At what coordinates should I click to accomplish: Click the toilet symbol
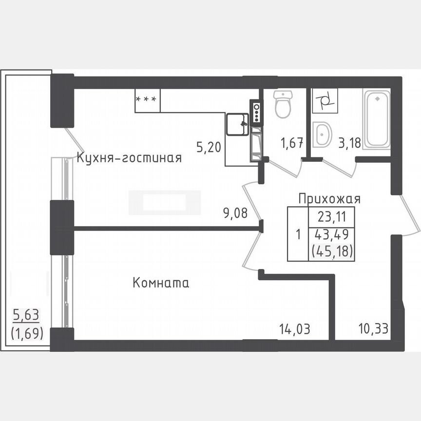coord(283,104)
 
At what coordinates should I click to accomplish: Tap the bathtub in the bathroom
coord(376,119)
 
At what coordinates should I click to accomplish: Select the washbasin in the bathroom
coord(322,134)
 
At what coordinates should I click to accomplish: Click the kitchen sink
coord(237,125)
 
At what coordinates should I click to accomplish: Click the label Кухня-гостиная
coord(129,158)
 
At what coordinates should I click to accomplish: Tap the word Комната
coord(161,283)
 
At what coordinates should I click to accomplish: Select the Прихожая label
coord(329,199)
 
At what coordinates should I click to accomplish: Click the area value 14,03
coord(295,329)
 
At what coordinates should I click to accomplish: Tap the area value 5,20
coord(208,147)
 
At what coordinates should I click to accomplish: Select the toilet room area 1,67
coord(292,144)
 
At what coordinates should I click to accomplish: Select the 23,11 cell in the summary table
coord(331,216)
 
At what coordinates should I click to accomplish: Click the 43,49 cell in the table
coord(331,234)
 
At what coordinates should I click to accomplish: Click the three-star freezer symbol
coord(147,100)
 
